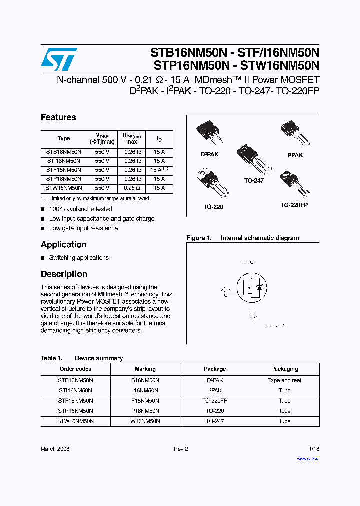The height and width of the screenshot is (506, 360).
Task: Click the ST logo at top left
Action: (59, 59)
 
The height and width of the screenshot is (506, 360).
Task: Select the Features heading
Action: (58, 117)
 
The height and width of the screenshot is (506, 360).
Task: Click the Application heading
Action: (63, 244)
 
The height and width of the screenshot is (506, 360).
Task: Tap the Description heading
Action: (64, 274)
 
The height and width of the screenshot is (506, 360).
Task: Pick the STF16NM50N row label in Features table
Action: (63, 170)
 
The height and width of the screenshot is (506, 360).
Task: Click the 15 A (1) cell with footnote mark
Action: (159, 170)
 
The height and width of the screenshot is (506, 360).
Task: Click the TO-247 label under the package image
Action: (254, 180)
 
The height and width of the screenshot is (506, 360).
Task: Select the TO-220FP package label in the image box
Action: (294, 205)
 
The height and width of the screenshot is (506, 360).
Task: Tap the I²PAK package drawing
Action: (294, 133)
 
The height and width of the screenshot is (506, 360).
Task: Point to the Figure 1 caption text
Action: (243, 238)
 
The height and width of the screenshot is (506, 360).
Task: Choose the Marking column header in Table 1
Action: (145, 369)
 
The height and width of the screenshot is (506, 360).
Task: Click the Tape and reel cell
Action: (284, 380)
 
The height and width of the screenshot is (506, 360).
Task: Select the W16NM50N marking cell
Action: (145, 421)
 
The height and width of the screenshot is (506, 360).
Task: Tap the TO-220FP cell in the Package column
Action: (215, 401)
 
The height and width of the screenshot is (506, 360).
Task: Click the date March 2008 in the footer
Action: (55, 449)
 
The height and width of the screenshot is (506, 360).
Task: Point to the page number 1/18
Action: (314, 449)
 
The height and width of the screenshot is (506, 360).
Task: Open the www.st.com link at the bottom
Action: (308, 458)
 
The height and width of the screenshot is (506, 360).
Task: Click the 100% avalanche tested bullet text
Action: (80, 209)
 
